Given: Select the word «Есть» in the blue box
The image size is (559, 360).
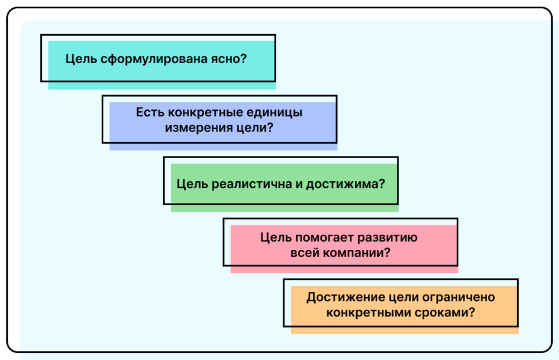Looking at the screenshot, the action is click(150, 112).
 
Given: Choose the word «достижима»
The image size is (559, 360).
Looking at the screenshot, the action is click(342, 184).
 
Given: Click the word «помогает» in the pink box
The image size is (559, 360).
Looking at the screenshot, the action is click(324, 238).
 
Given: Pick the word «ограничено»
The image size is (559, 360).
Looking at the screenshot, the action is click(461, 297).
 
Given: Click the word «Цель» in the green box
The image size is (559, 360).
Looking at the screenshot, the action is click(192, 184).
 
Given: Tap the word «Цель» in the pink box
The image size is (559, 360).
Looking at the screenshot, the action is click(276, 238).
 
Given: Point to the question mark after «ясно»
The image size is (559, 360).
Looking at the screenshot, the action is click(244, 59).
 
